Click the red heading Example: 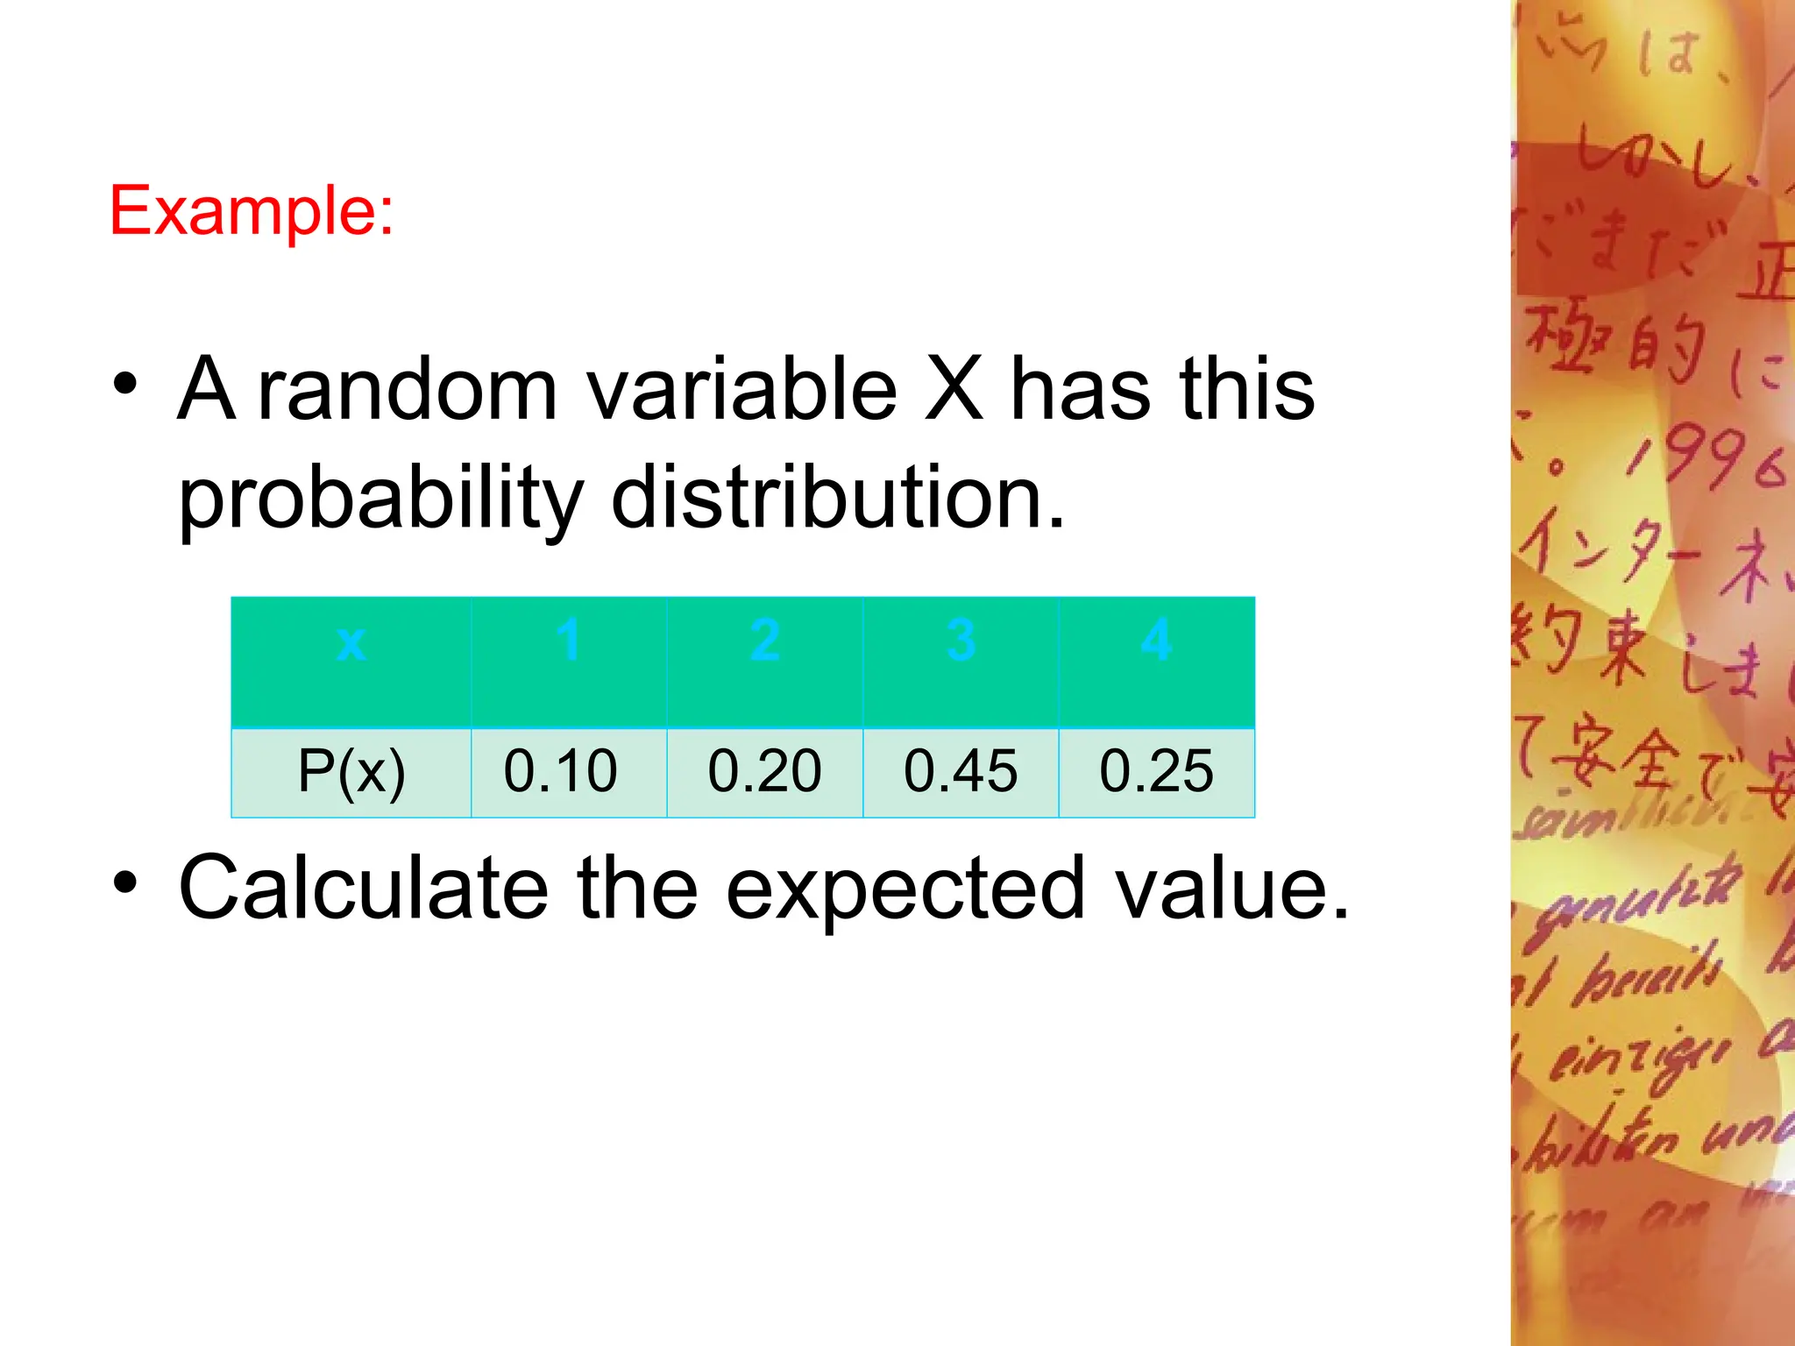(x=252, y=211)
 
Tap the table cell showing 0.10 (x=561, y=771)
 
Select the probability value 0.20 (x=764, y=771)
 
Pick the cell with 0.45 (x=961, y=771)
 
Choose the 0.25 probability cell (x=1156, y=771)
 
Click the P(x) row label (x=351, y=771)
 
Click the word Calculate (x=363, y=889)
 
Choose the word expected (x=906, y=890)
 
